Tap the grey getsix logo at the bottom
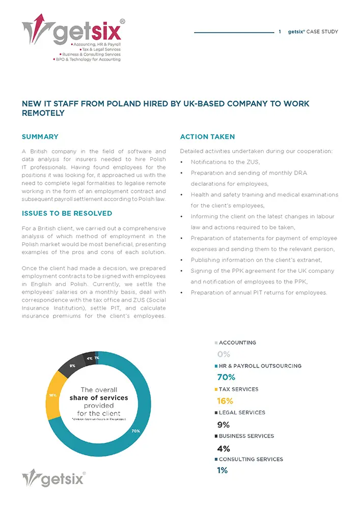[54, 478]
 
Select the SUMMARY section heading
[40, 137]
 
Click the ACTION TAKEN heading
[207, 137]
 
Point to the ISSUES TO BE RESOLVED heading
[67, 213]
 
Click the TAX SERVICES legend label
[238, 389]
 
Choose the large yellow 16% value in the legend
[225, 401]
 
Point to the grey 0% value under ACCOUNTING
[224, 354]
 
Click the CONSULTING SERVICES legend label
[251, 459]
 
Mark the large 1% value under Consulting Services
[222, 470]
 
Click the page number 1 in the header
[280, 32]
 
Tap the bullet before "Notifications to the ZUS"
[182, 162]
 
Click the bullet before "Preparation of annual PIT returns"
[182, 293]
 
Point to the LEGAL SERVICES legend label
[241, 413]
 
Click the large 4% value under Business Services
[223, 448]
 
